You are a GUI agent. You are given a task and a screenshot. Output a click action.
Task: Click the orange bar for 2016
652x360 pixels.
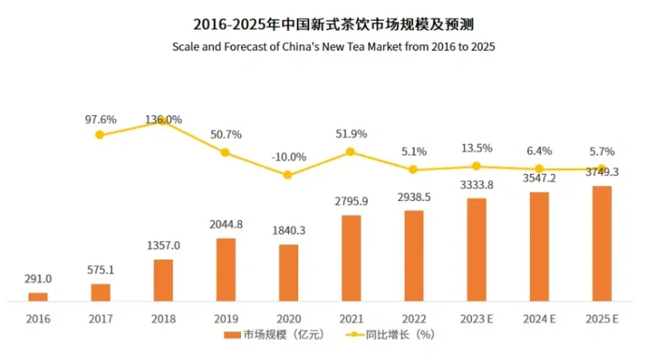click(38, 297)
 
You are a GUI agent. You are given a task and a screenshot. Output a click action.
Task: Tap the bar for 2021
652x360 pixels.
click(351, 258)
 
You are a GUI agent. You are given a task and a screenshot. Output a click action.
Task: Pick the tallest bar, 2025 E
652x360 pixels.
click(601, 243)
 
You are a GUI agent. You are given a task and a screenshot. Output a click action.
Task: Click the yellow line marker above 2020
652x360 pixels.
click(288, 175)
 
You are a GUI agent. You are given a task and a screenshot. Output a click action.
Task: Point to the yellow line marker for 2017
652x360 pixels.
click(100, 134)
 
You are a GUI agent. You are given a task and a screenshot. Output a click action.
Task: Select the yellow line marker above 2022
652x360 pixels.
click(413, 169)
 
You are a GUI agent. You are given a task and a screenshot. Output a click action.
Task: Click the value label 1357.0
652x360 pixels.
click(163, 246)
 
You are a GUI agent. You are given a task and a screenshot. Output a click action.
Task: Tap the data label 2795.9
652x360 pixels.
click(351, 202)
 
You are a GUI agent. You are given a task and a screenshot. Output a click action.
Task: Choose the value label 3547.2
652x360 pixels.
click(538, 178)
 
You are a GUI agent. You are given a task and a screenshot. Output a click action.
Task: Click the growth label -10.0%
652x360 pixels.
click(288, 157)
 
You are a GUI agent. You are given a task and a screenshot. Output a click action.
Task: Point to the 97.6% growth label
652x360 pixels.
click(100, 120)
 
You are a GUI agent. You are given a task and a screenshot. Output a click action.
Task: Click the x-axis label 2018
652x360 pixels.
click(163, 318)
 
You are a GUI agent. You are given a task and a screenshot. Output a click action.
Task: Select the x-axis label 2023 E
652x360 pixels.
click(477, 318)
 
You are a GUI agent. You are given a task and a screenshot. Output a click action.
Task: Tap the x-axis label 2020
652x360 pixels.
click(288, 318)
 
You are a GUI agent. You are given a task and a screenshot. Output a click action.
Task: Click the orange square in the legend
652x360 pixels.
click(233, 335)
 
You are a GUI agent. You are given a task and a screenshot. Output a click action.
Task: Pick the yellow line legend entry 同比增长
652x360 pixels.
click(394, 335)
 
